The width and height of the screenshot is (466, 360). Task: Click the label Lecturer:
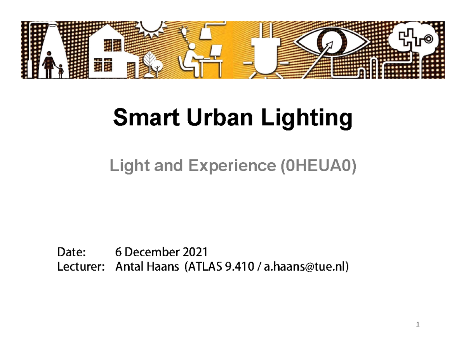click(81, 267)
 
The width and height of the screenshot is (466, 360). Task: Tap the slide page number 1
click(418, 324)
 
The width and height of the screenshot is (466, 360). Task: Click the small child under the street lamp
click(61, 71)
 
